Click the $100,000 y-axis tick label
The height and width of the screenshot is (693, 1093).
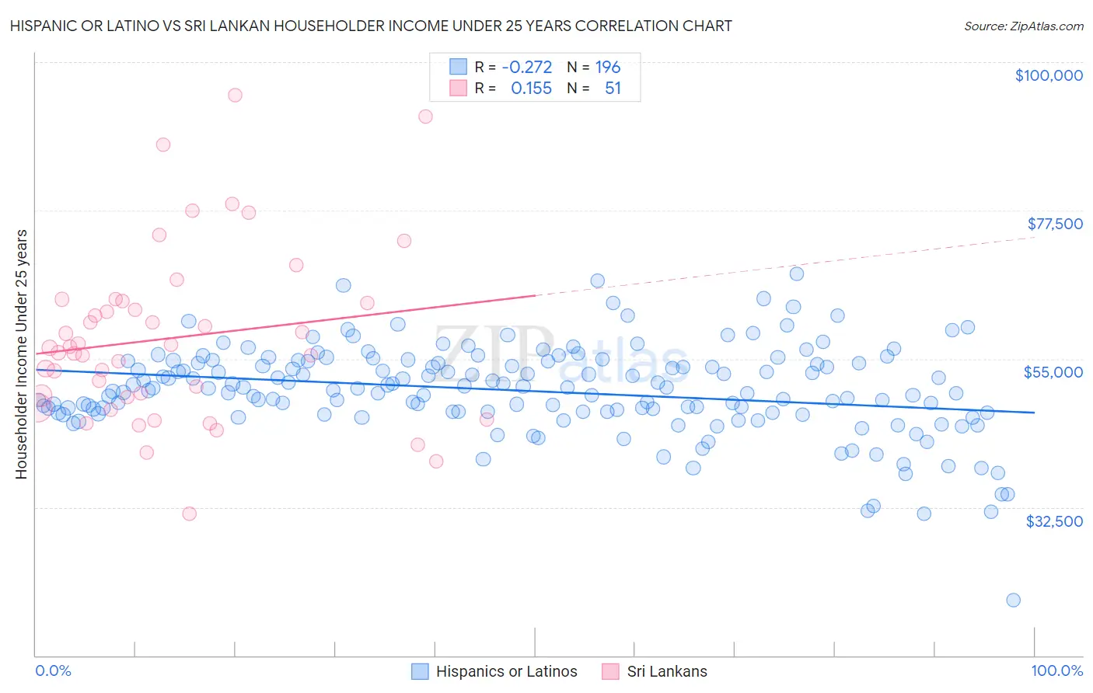pos(1049,75)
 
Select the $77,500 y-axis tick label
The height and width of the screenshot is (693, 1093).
pos(1055,224)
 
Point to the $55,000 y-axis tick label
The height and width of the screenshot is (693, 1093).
pos(1053,372)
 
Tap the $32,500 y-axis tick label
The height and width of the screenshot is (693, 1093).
pos(1054,521)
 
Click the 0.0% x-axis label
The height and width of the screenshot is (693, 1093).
pos(53,670)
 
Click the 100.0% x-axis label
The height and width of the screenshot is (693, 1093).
pos(1056,670)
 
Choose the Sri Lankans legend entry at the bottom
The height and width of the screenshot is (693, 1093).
pos(655,671)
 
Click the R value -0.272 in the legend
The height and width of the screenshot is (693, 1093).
pos(526,67)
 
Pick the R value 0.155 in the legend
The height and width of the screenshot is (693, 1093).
pos(531,89)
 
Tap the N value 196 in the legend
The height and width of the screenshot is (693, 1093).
pos(608,67)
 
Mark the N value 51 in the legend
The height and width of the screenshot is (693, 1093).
pos(613,89)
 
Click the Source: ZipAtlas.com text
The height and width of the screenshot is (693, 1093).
pos(1023,26)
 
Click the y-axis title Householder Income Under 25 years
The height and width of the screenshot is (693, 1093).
pos(21,353)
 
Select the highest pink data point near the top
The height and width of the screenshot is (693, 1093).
pos(235,95)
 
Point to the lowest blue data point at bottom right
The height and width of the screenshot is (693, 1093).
pos(1013,600)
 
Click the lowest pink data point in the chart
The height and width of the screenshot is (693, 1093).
pos(189,514)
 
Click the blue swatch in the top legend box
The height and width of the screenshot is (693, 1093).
pos(459,67)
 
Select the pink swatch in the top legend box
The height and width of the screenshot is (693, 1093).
pos(459,89)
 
